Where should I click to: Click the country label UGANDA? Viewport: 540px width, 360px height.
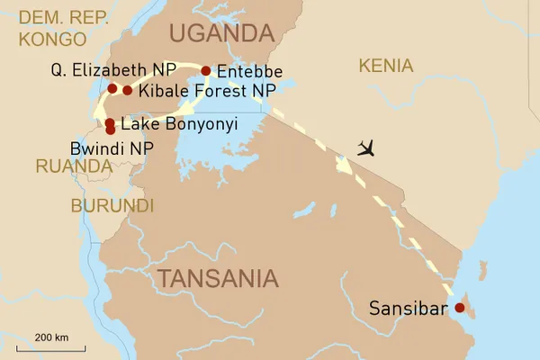[221, 34]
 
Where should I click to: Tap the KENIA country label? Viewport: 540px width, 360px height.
[385, 66]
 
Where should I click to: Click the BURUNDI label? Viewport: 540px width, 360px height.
[112, 205]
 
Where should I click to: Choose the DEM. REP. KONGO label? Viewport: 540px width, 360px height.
[55, 28]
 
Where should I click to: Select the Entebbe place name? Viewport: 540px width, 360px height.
[250, 71]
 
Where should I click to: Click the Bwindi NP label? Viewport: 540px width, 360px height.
[105, 146]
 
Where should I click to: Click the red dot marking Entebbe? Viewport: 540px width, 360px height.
[205, 70]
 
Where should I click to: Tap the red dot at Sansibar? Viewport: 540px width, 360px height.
[460, 308]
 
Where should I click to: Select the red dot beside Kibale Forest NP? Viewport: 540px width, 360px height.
[128, 90]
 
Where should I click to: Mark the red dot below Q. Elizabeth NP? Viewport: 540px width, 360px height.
[112, 88]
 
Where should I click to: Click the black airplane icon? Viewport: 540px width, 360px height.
[364, 147]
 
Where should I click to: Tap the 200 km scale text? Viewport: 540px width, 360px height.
[51, 337]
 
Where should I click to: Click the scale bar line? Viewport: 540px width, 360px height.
[51, 347]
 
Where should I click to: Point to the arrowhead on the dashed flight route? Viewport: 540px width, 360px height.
[344, 166]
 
